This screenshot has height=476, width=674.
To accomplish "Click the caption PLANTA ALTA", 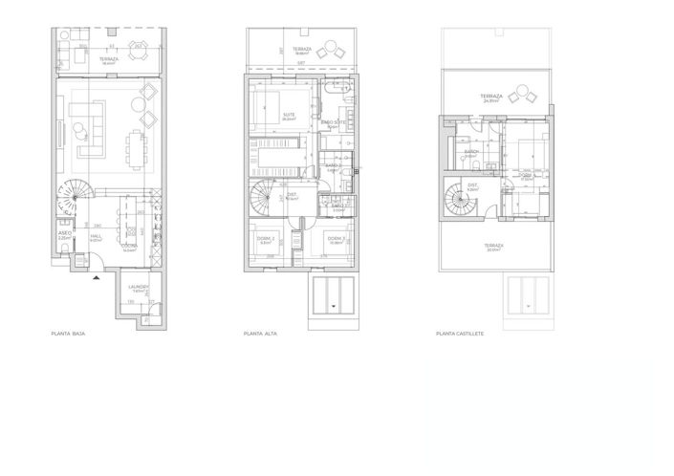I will (x=260, y=335).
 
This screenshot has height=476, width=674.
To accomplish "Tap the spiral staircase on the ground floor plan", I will (x=70, y=201).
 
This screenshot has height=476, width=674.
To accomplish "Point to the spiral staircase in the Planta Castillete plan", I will (x=460, y=201).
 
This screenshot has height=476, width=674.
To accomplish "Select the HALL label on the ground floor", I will (x=96, y=237).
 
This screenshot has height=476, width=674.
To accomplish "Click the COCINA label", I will (x=129, y=246).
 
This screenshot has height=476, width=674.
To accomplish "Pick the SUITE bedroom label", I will (x=289, y=115).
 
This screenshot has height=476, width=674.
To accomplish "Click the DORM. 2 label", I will (x=266, y=238).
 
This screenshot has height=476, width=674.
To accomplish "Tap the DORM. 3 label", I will (x=334, y=238).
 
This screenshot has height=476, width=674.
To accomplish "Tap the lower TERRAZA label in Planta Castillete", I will (x=492, y=246).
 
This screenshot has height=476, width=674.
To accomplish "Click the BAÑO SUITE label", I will (x=333, y=122).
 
